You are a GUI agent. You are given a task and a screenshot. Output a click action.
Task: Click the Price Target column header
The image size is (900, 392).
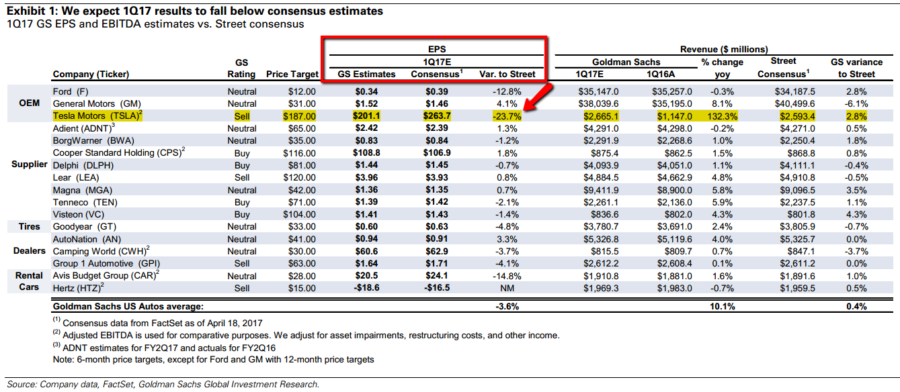(291, 74)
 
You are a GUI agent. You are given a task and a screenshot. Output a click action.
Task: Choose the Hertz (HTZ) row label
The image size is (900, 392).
(77, 288)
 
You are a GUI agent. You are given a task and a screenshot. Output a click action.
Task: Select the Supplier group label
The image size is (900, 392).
(30, 165)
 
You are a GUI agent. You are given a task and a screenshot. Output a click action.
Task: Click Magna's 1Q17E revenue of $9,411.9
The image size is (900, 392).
(601, 190)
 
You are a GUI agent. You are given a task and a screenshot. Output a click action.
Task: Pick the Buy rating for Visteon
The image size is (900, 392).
(242, 215)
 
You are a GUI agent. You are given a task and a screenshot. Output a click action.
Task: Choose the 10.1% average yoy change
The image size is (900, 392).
(722, 307)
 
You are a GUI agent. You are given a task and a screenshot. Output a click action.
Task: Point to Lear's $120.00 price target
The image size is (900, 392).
(299, 178)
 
